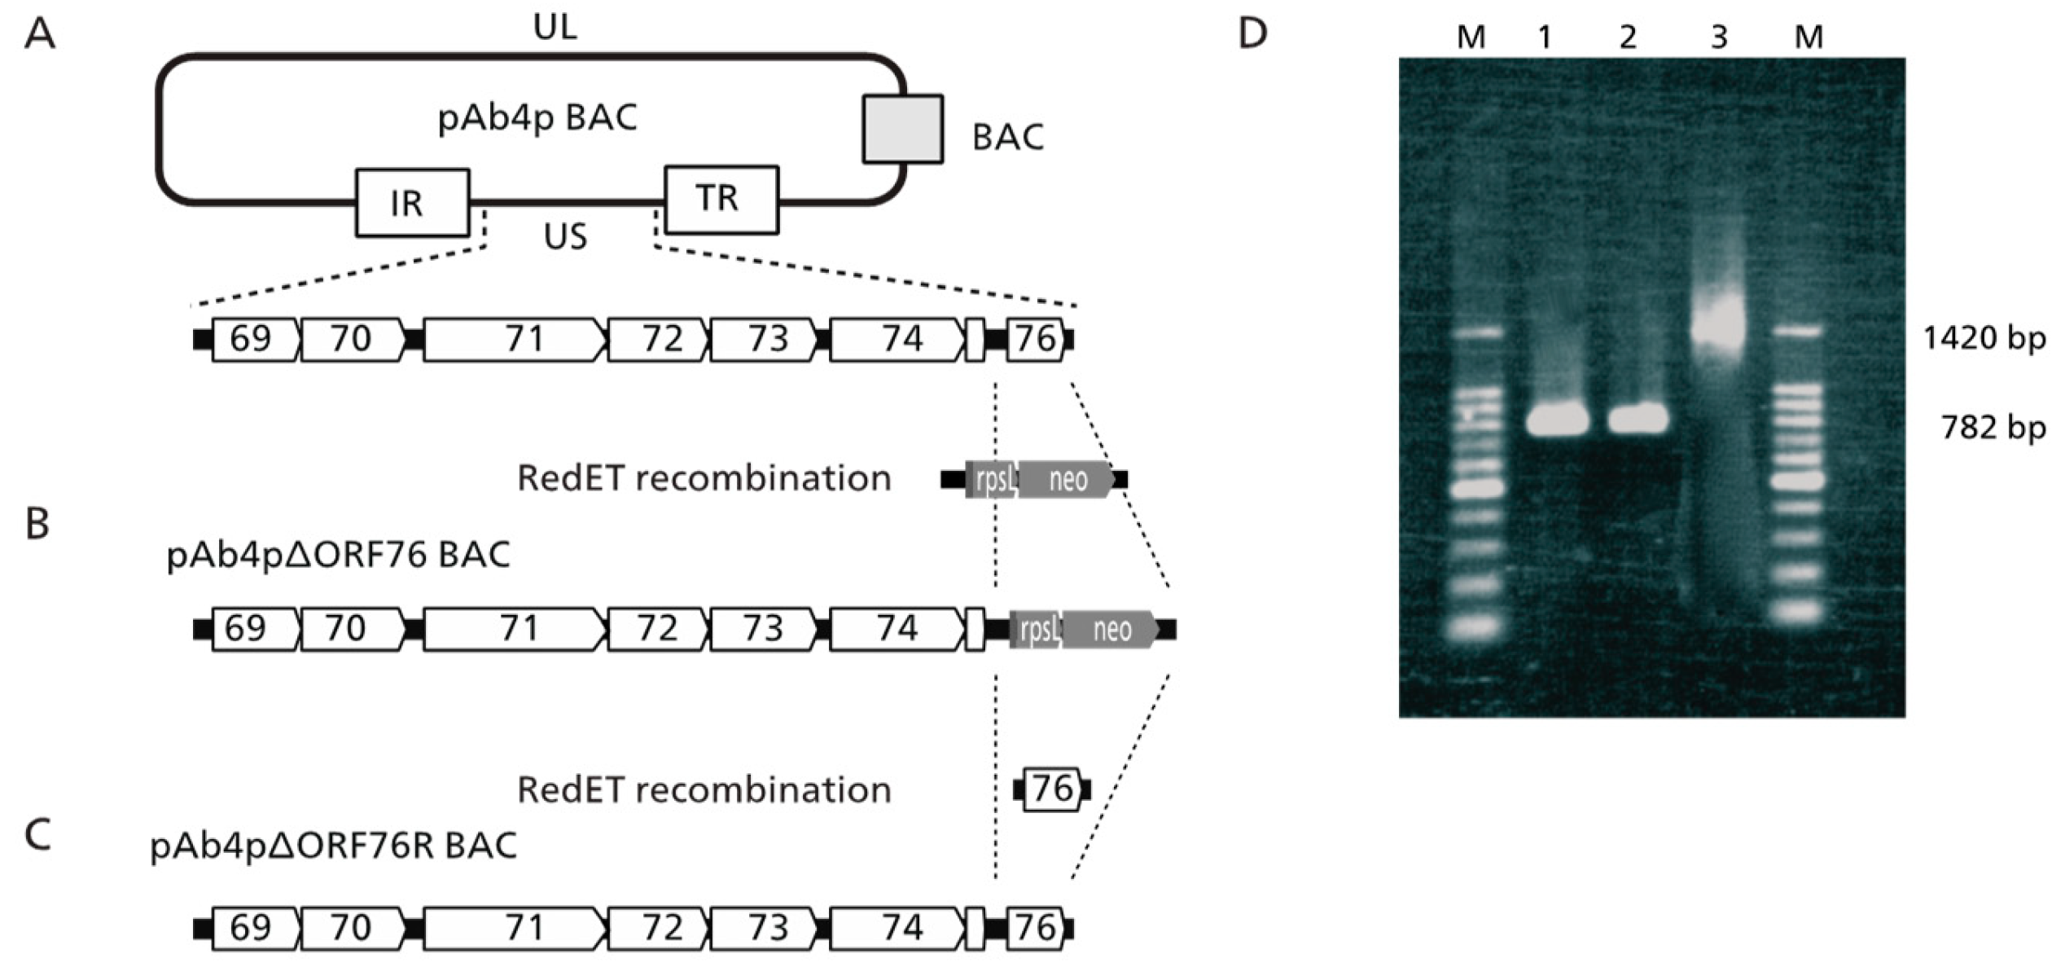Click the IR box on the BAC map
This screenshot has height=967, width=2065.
click(x=412, y=202)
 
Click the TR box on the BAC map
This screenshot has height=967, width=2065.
click(x=721, y=199)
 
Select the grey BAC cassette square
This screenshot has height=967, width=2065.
click(x=902, y=129)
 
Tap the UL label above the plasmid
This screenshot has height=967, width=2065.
click(x=555, y=28)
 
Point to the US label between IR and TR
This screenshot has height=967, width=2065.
click(x=564, y=236)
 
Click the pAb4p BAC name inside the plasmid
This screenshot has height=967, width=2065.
click(x=537, y=118)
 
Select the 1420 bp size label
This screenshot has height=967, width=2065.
click(x=1983, y=337)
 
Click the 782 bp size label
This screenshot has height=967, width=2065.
click(x=1992, y=427)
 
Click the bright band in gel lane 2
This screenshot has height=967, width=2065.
click(x=1638, y=420)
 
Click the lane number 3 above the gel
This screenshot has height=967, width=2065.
click(x=1719, y=37)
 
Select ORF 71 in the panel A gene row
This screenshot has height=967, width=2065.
click(x=515, y=339)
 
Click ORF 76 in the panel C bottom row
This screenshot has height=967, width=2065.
click(x=1035, y=928)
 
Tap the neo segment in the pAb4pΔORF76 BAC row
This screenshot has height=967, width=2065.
click(x=1110, y=630)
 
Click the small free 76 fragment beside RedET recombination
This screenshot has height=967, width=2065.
click(x=1052, y=789)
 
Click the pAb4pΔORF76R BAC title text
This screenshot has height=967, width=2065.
click(x=333, y=846)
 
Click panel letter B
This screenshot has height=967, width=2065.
click(x=37, y=524)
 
